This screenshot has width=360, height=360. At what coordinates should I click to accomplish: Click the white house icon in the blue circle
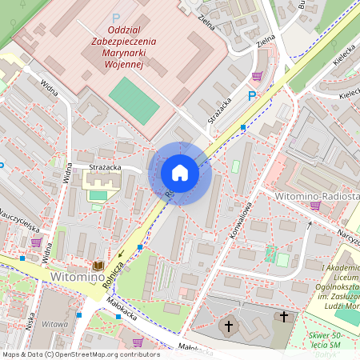click(180, 173)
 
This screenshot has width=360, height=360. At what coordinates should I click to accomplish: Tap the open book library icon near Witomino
click(98, 265)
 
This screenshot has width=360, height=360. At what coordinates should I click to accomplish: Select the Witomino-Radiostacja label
click(316, 195)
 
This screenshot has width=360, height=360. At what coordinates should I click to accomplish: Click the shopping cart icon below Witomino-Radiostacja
click(314, 206)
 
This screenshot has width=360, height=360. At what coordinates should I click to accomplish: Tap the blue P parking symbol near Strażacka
click(252, 96)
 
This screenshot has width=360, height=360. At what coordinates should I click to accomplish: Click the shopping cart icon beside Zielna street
click(257, 76)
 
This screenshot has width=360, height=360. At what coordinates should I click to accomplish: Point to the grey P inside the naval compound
click(116, 18)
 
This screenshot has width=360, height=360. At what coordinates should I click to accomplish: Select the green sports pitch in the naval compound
click(134, 100)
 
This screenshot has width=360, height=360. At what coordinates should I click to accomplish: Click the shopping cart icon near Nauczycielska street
click(35, 241)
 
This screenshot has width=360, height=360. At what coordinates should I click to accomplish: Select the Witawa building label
click(54, 324)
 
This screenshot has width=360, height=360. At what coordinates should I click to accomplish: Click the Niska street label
click(30, 320)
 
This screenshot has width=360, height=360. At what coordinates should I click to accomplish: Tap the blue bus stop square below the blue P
click(243, 126)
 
